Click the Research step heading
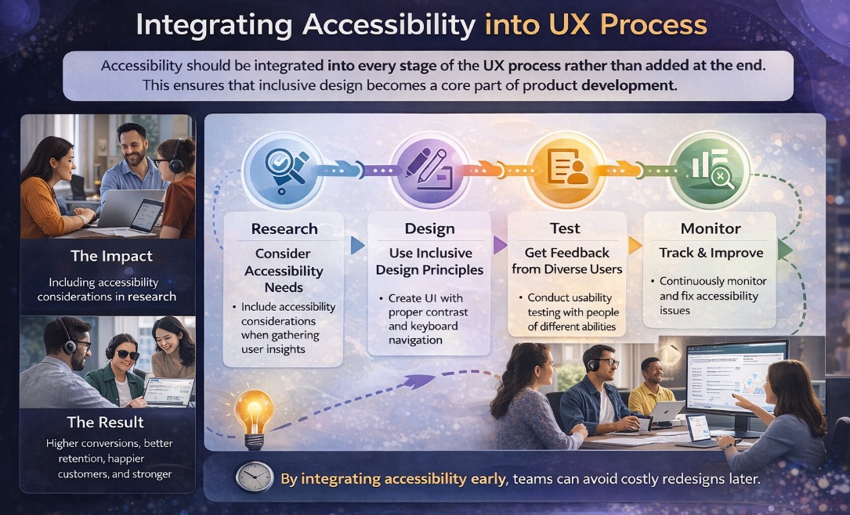tap(284, 229)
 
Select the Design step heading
tap(429, 229)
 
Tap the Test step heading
tap(565, 228)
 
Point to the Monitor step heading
tap(711, 229)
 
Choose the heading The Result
tap(106, 422)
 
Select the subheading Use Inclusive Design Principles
tap(429, 261)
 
